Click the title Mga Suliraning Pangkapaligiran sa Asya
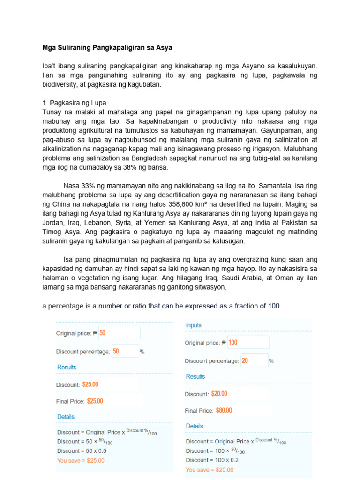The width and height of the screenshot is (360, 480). tap(107, 48)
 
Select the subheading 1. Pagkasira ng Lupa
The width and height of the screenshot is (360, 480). tap(75, 103)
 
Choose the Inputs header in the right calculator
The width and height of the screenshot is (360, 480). tap(194, 325)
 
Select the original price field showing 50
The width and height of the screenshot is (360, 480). tap(119, 333)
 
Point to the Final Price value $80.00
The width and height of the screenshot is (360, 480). tap(224, 411)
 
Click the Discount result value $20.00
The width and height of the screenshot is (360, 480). tap(219, 394)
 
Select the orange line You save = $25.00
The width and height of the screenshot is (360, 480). tap(81, 460)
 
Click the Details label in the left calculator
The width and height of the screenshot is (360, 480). tap(66, 417)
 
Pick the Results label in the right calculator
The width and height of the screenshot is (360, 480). tap(195, 376)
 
